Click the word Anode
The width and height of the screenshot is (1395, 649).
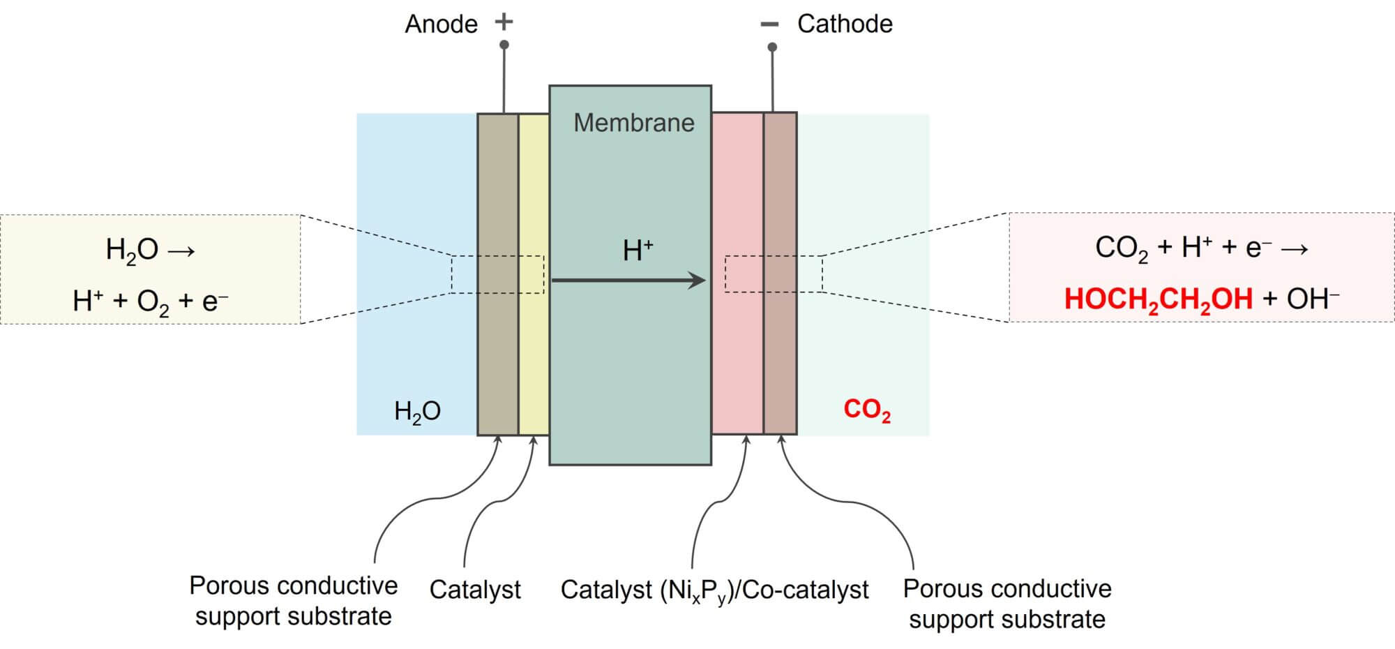tap(441, 24)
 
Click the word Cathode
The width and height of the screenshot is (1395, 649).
tap(845, 24)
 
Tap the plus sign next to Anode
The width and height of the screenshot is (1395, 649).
tap(504, 22)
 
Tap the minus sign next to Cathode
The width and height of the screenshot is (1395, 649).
tap(769, 25)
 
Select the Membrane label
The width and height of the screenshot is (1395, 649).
tap(633, 124)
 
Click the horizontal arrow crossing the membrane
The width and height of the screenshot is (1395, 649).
tap(628, 281)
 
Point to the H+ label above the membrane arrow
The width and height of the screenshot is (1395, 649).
tap(638, 251)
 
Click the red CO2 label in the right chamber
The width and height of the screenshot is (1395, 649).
tap(867, 410)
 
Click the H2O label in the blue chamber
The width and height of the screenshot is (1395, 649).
tap(417, 411)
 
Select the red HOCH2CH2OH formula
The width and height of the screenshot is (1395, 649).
tap(1158, 299)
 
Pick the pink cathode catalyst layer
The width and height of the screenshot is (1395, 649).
tap(737, 349)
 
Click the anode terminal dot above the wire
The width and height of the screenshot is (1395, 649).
tap(504, 45)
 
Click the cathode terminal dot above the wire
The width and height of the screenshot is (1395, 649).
tap(772, 47)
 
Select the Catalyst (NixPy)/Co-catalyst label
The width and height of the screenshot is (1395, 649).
tap(714, 590)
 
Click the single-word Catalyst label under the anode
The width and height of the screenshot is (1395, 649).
tap(475, 590)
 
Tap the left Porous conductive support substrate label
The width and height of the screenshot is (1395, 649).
tap(293, 601)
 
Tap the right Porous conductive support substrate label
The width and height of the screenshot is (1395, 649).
tap(1006, 604)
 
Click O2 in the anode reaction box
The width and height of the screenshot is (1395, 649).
tap(153, 301)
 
